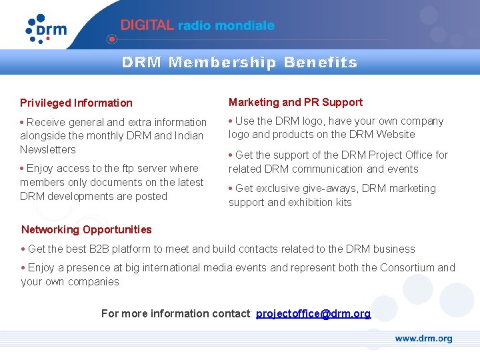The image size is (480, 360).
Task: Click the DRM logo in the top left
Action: click(47, 29)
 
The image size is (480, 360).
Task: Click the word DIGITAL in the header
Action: click(147, 25)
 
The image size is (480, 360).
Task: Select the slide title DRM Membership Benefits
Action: click(239, 63)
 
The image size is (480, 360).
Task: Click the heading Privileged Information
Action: click(76, 103)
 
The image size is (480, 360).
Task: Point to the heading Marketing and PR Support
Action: click(295, 102)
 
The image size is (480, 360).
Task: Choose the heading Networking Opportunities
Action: click(87, 229)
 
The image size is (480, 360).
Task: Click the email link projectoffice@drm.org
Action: click(313, 313)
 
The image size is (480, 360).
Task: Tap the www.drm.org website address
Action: click(423, 339)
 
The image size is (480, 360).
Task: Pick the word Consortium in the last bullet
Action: click(407, 267)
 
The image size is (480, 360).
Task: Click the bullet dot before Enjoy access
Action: click(23, 168)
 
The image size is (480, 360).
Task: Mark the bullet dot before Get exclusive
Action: click(231, 188)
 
